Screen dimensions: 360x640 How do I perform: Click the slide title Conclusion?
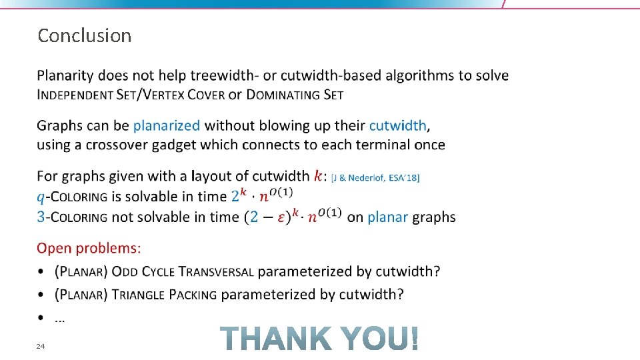click(x=84, y=35)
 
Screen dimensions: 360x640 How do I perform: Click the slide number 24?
click(x=41, y=346)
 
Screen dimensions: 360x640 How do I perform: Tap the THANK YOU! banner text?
click(x=321, y=338)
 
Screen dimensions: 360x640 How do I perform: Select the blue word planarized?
click(x=167, y=125)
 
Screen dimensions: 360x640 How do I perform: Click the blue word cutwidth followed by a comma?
click(x=399, y=125)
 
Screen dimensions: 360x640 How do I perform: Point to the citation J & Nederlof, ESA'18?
click(x=375, y=177)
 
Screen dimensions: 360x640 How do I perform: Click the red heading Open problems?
click(x=89, y=249)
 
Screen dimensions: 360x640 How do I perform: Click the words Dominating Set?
click(x=295, y=95)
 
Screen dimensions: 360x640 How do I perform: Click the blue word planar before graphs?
click(x=387, y=217)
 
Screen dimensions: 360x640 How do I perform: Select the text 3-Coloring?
click(x=71, y=217)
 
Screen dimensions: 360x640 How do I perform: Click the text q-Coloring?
click(x=72, y=197)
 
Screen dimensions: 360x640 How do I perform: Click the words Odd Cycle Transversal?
click(x=183, y=271)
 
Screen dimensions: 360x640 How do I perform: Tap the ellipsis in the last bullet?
click(x=59, y=319)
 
